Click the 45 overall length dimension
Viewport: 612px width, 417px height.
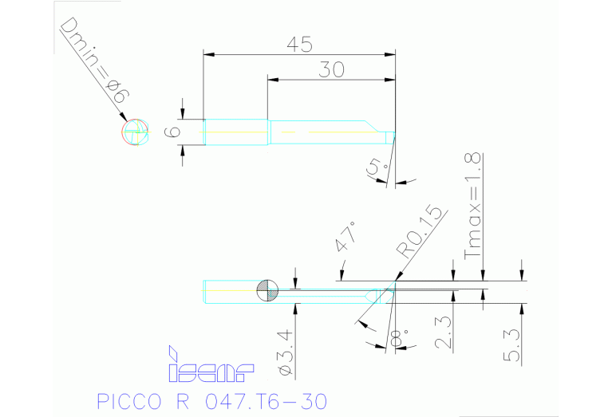299,45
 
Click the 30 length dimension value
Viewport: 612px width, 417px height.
331,70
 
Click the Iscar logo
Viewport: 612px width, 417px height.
210,365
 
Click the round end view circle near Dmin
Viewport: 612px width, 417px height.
136,132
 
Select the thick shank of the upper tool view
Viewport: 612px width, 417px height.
235,132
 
